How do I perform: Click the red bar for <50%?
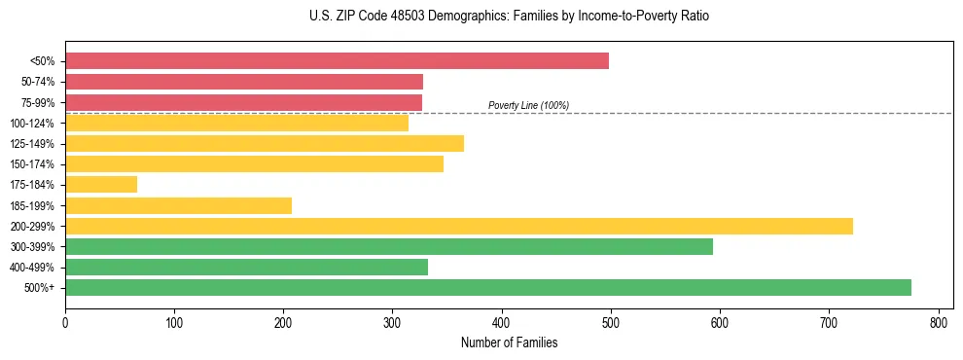tap(337, 61)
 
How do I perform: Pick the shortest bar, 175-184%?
tap(101, 184)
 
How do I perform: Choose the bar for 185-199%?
tap(178, 205)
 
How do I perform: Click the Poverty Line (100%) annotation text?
tap(528, 105)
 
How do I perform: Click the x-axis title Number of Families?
tap(509, 342)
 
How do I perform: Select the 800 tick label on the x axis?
tap(939, 322)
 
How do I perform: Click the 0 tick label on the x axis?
tap(65, 322)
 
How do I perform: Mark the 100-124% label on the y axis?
tap(33, 123)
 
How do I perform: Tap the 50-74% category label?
tap(38, 82)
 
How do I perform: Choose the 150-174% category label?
tap(33, 164)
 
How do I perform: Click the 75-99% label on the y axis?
tap(38, 102)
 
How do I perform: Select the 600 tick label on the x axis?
tap(720, 322)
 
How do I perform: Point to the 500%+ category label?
tap(41, 288)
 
